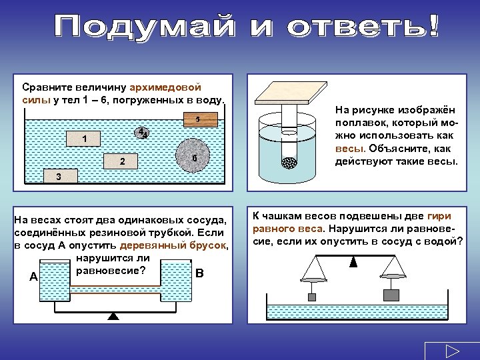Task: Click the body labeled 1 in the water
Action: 83,139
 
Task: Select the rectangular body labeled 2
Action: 121,162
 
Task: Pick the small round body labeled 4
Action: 141,132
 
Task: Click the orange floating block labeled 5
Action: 198,120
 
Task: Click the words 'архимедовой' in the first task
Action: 170,88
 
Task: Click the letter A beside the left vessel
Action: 33,277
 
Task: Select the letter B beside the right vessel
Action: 200,274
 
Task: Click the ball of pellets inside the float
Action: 289,162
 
